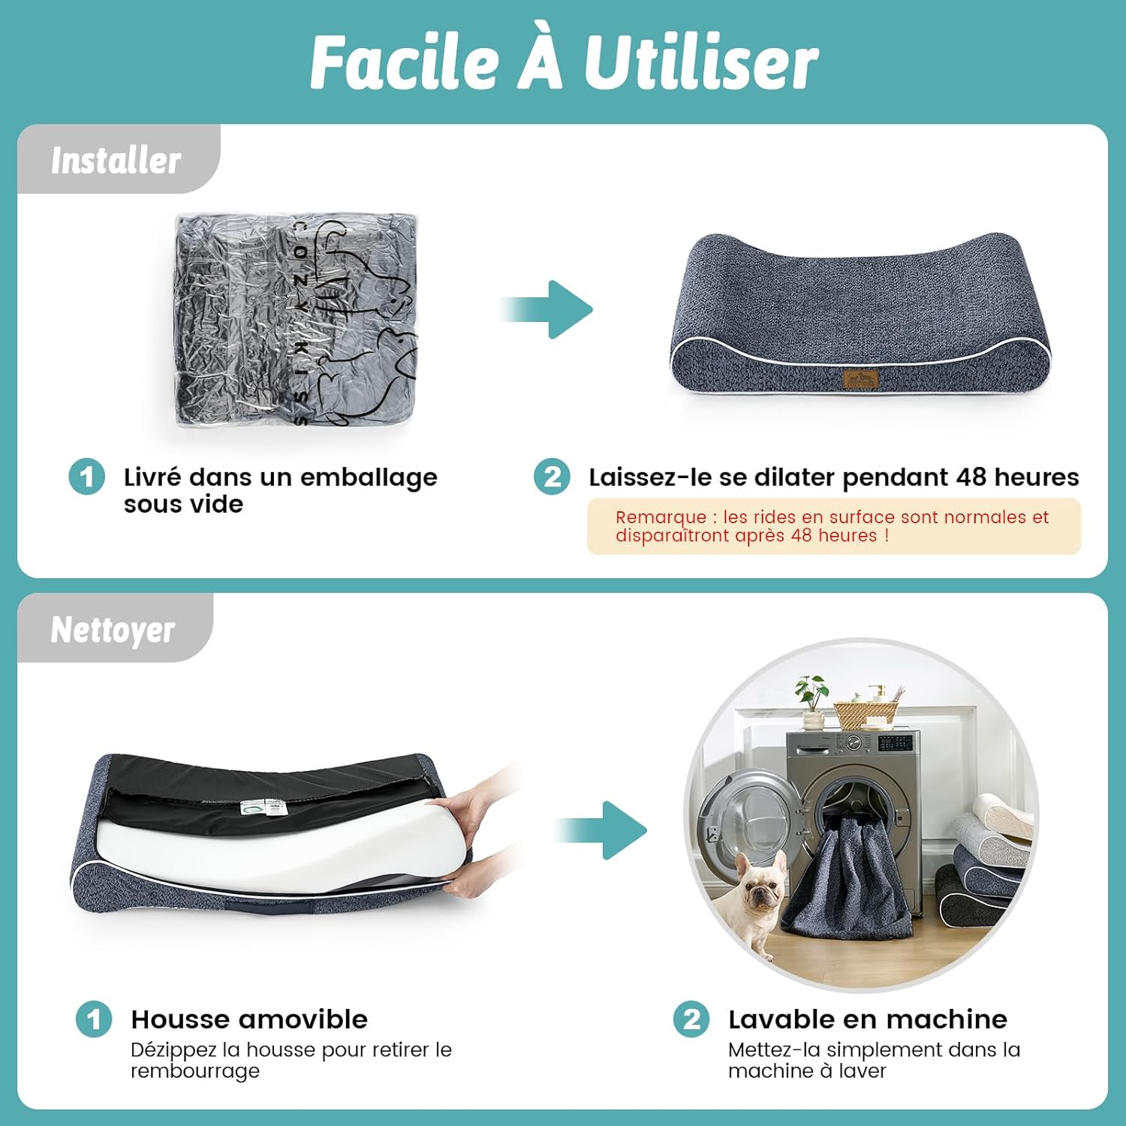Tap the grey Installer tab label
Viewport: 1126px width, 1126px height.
[116, 160]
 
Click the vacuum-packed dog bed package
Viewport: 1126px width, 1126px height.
[296, 321]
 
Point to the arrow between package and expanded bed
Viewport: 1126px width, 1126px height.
[546, 309]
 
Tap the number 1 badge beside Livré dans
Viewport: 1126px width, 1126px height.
[86, 477]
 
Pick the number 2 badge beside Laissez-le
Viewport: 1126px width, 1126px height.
[552, 477]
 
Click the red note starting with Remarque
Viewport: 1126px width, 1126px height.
[832, 526]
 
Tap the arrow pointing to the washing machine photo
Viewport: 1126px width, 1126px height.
[601, 830]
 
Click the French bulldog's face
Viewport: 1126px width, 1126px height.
[760, 890]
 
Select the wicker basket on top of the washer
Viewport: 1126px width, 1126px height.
[866, 715]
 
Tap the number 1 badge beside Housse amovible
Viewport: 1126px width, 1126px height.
[94, 1019]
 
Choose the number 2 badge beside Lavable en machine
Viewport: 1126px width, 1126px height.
[691, 1019]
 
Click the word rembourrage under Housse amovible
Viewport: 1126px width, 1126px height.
[195, 1071]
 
